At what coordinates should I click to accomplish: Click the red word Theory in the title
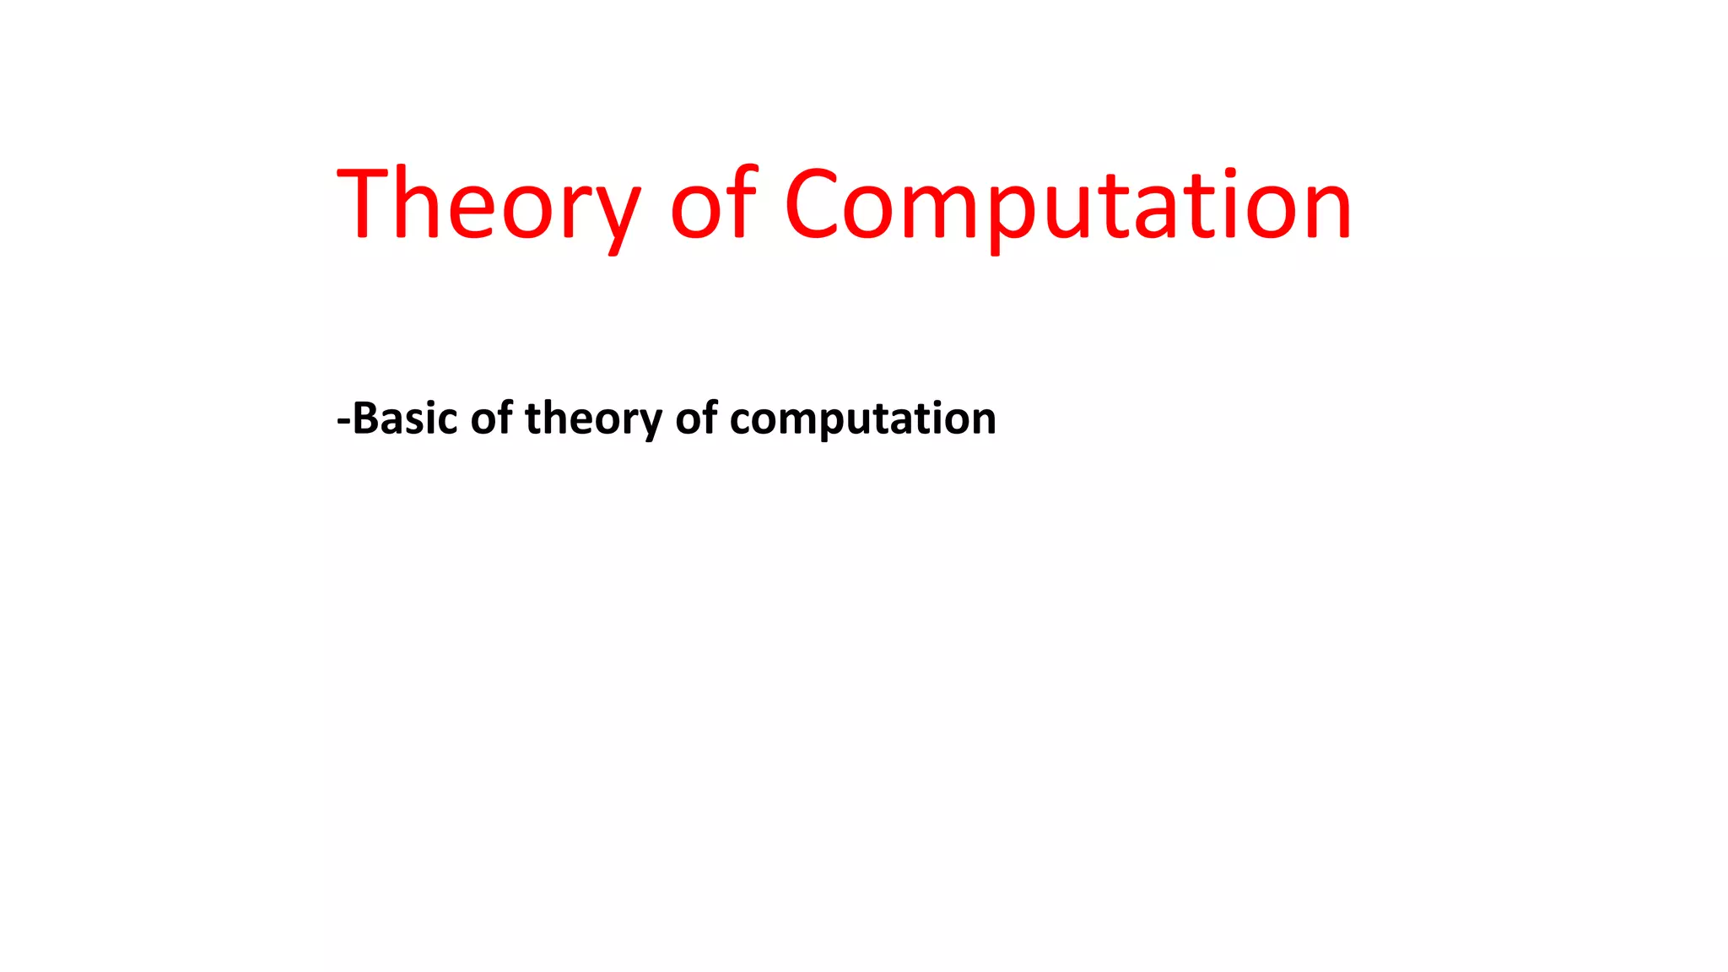click(x=488, y=205)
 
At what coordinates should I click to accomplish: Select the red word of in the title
click(x=713, y=205)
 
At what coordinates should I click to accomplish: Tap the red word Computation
click(x=1068, y=205)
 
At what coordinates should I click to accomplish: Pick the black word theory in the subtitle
click(x=593, y=419)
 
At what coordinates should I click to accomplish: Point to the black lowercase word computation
click(x=862, y=419)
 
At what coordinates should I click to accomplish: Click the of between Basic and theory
click(x=491, y=418)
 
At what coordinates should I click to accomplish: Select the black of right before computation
click(x=696, y=418)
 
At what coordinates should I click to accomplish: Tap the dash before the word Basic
click(x=343, y=419)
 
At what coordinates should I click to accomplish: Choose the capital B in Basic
click(x=364, y=418)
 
